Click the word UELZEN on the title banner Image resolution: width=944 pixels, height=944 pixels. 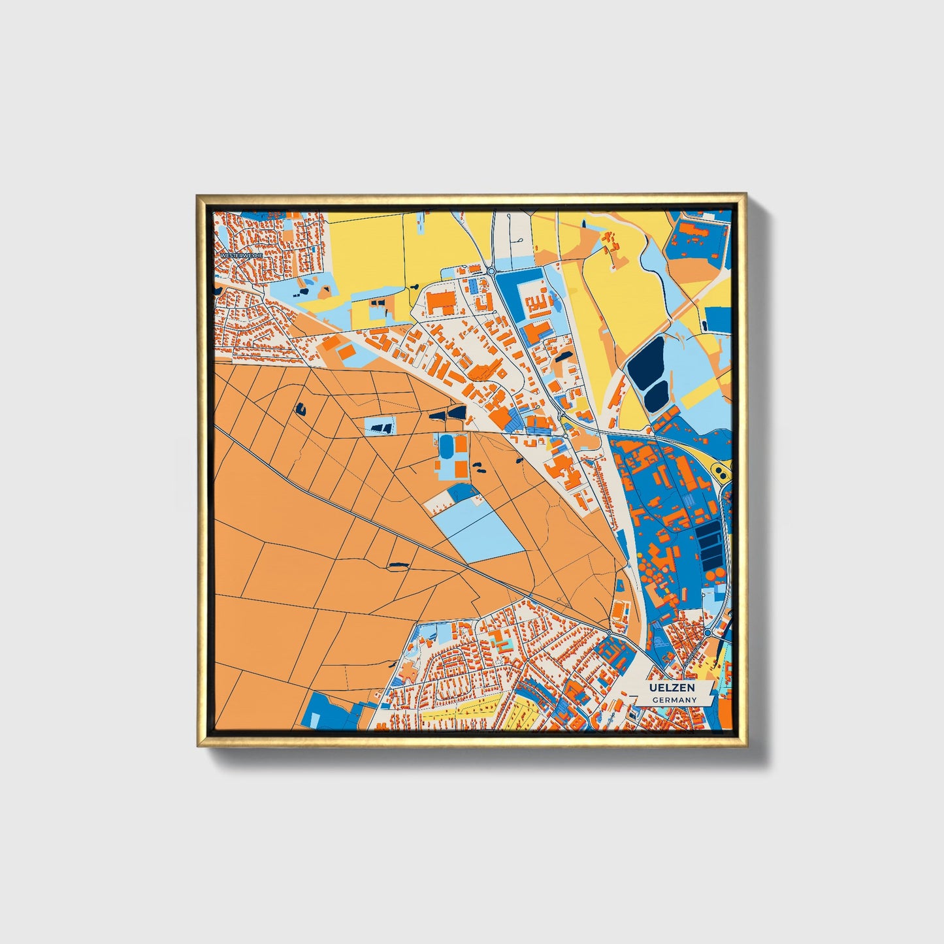coord(671,688)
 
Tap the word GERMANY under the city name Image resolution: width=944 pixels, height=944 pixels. coord(675,700)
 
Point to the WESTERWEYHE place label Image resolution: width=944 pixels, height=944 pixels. coord(241,255)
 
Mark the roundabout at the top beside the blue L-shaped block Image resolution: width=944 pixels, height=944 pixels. coord(491,270)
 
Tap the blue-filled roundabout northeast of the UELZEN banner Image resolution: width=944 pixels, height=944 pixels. coord(708,633)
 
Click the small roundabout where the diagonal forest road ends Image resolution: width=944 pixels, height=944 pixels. coord(609,633)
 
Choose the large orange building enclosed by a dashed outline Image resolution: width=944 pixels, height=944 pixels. coord(440,303)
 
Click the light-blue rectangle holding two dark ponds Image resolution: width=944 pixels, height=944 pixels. coord(380,427)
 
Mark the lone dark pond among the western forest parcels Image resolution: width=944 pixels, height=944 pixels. coord(301,409)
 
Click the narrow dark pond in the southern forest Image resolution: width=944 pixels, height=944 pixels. coord(398,564)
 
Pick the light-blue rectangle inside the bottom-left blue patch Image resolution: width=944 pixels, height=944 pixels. coord(315,720)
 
